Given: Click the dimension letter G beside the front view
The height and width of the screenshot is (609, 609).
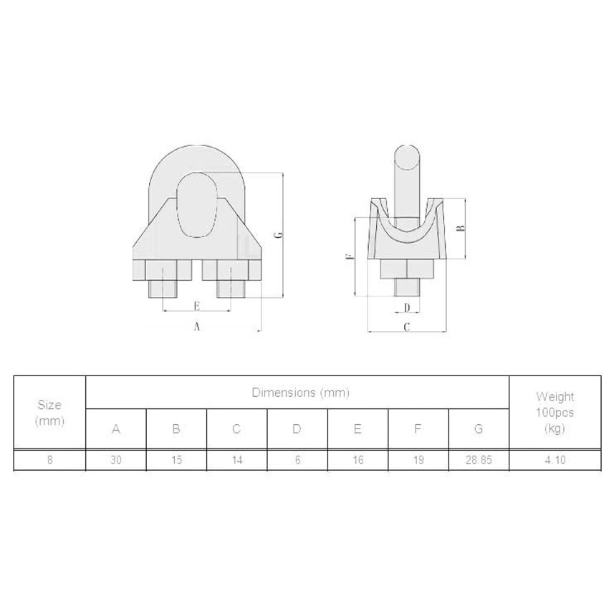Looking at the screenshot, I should point(279,234).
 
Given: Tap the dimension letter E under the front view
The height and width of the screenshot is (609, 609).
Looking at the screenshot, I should point(196,306).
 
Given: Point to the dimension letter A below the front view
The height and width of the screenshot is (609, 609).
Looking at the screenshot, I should point(196,326).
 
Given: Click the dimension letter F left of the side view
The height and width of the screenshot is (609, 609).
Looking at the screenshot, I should point(350,256).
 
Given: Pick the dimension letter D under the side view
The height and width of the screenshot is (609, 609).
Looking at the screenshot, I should point(407,307).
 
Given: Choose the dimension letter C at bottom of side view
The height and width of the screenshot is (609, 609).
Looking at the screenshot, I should point(406,327).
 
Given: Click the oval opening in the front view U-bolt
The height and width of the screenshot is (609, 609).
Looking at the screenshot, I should point(195,205).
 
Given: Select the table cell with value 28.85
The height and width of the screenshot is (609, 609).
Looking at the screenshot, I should point(479,460).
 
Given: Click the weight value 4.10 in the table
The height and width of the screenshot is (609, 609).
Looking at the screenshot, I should point(555,460).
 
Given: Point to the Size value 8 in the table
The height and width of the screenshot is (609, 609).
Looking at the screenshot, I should point(49,460).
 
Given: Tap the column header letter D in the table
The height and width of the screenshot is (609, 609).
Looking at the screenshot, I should point(297,429).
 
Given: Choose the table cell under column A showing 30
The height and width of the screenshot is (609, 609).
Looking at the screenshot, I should point(116,460).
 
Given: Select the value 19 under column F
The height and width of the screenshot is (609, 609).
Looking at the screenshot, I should point(418,460).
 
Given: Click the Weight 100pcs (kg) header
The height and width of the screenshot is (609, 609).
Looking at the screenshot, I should point(555,413).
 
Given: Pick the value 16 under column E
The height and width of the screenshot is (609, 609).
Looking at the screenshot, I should point(358,460).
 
